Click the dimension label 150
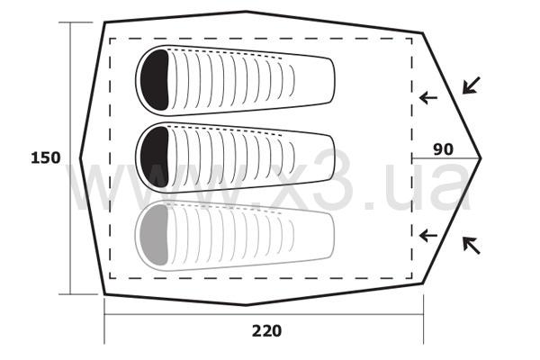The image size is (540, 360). click(46, 157)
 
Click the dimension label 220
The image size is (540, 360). click(267, 331)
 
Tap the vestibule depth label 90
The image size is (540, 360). click(443, 149)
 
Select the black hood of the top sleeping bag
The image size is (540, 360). click(155, 79)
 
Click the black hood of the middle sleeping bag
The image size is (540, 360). click(155, 157)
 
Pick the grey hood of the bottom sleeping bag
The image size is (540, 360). click(155, 235)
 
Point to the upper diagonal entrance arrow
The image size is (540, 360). click(471, 85)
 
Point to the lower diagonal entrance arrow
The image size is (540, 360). click(471, 246)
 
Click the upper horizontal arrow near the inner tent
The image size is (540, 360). click(428, 98)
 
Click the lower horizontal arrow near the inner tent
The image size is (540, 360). click(428, 236)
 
